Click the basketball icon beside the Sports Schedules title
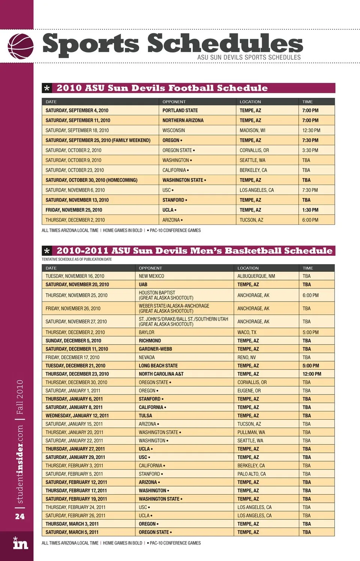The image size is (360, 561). point(20,46)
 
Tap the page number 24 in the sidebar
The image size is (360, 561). point(20,516)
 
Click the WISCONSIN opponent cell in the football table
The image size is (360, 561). point(174,130)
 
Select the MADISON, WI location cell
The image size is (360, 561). point(252,130)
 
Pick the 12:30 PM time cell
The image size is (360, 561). point(311,130)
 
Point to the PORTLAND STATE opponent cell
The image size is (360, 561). point(180,111)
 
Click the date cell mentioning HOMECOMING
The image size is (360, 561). point(91,180)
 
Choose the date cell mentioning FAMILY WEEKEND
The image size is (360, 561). point(98,140)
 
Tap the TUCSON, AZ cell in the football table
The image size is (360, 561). point(251,220)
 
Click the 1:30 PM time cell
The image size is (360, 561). point(310,210)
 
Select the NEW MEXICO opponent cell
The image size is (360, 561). point(151,276)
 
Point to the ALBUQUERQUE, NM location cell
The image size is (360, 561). point(256,276)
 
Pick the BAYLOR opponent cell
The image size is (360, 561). point(147,333)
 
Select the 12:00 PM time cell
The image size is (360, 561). point(312,374)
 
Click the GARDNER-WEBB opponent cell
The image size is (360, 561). point(155,349)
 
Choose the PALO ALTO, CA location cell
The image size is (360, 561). point(252,474)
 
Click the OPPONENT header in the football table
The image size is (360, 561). point(174,102)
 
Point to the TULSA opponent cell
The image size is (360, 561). point(145,416)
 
